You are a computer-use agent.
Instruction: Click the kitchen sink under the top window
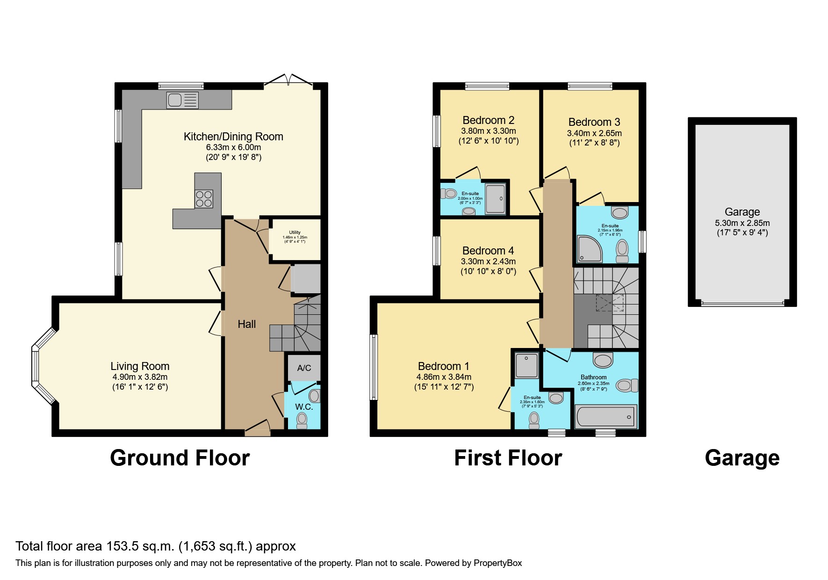[182, 100]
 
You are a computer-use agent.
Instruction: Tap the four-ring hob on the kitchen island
[204, 199]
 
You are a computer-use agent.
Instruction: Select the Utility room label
[295, 232]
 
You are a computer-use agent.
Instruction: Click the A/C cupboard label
[304, 368]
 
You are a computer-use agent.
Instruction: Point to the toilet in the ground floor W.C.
[302, 420]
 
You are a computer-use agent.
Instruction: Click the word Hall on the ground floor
[246, 324]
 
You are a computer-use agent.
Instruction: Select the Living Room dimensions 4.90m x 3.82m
[140, 377]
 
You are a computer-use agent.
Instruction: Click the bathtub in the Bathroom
[605, 416]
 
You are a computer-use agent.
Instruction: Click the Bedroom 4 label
[488, 251]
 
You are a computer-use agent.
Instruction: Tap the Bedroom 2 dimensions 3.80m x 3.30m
[489, 131]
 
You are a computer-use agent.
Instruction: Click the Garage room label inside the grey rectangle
[742, 212]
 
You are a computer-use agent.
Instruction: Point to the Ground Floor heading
[180, 458]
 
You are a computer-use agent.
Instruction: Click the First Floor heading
[508, 458]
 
